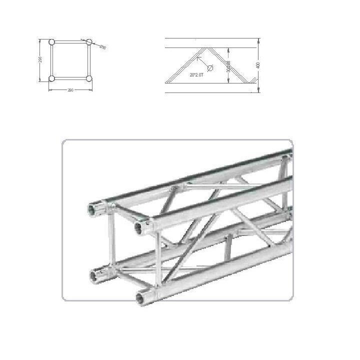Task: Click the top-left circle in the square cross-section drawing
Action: tap(51, 42)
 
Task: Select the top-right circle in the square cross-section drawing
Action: tap(89, 42)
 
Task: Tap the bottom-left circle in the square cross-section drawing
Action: tap(51, 78)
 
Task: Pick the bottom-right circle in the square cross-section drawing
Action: tap(89, 78)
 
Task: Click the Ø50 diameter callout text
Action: tap(102, 47)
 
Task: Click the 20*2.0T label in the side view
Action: tap(197, 74)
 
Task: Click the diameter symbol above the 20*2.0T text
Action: tap(210, 68)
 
